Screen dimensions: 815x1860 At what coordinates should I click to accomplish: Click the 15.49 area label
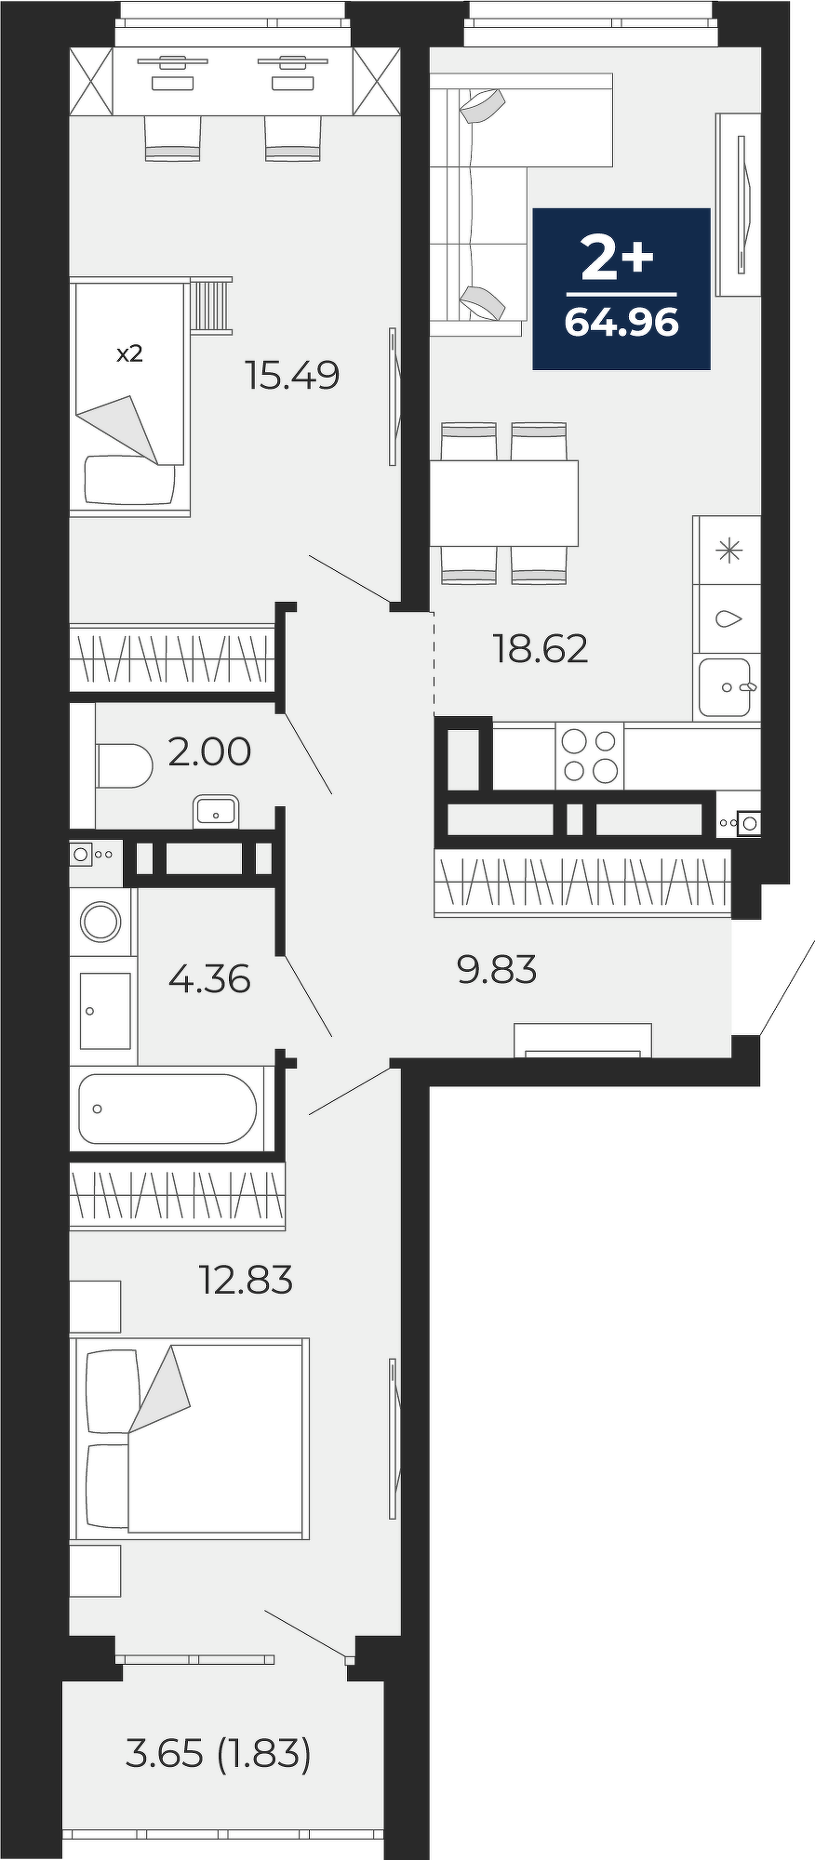coord(292,375)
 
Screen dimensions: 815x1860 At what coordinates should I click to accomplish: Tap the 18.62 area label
coord(541,648)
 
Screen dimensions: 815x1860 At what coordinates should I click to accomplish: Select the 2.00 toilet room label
coord(209,751)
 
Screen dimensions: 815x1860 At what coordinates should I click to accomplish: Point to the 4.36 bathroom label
coord(209,978)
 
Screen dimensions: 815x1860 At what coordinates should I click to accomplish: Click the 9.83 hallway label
coord(497,970)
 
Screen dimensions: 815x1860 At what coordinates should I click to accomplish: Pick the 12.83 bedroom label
coord(246,1280)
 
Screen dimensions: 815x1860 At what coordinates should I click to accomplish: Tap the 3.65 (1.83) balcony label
coord(218,1754)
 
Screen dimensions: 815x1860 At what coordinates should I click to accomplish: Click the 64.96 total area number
coord(621,322)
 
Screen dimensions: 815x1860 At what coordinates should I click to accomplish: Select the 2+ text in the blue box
coord(618,257)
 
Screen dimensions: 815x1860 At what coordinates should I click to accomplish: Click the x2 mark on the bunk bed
coord(129,353)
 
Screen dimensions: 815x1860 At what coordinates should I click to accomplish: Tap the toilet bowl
coord(125,765)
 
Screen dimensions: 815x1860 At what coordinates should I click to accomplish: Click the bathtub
coord(167,1109)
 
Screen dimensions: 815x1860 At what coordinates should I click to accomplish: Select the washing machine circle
coord(100,922)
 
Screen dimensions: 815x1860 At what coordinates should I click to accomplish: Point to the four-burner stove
coord(590,755)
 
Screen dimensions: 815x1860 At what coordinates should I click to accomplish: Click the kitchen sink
coord(725,687)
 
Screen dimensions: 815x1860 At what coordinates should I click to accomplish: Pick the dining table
coord(503,503)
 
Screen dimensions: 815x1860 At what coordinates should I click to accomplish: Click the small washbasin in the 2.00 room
coord(216,812)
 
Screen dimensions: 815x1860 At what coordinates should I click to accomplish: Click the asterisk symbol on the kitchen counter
coord(728,551)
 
